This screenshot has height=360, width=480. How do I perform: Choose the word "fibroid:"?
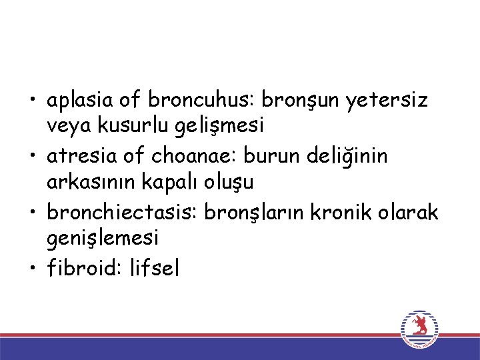[x=81, y=269]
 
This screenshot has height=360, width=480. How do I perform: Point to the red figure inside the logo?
[x=419, y=325]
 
